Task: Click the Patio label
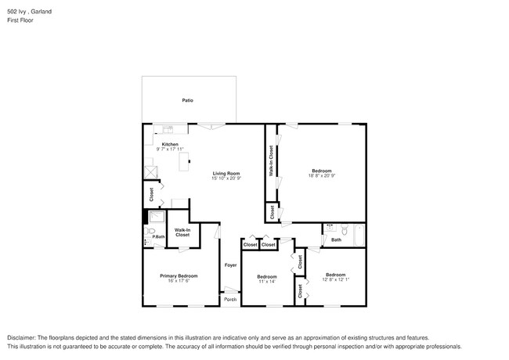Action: [x=187, y=101]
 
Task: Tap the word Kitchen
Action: [x=170, y=145]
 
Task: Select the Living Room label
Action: [x=226, y=173]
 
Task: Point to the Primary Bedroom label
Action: [x=179, y=275]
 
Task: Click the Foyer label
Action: [x=230, y=265]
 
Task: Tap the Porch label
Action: [x=230, y=300]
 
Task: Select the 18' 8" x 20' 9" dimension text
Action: [x=322, y=176]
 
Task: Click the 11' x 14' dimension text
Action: [x=267, y=281]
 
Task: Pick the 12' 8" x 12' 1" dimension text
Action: [x=336, y=279]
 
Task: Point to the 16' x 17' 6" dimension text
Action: [x=179, y=281]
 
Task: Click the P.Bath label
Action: [x=158, y=237]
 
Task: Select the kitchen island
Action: [x=186, y=162]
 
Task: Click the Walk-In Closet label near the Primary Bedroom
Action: [x=182, y=232]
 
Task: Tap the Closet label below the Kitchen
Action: [x=152, y=193]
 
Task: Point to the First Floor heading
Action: [x=21, y=20]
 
